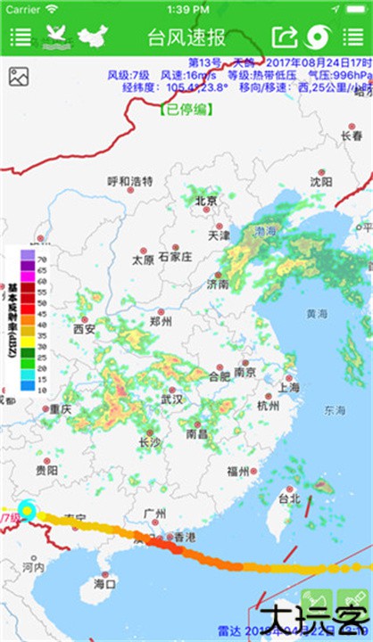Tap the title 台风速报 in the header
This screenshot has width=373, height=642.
coord(186,37)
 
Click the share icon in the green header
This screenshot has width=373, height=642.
coord(283,37)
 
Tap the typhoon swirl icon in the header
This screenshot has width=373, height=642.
coord(317,37)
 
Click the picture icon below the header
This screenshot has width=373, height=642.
coord(19,77)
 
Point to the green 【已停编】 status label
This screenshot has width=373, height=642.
coord(186,110)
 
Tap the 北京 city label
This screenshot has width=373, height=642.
coord(206,201)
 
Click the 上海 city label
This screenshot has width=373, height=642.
coord(288,388)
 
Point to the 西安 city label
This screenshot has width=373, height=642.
coord(85,328)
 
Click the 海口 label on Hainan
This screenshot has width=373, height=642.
coord(104,585)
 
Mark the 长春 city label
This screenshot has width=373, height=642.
coord(352,136)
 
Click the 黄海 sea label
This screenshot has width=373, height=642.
coord(317,314)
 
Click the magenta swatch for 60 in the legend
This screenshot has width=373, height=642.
coord(29,287)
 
